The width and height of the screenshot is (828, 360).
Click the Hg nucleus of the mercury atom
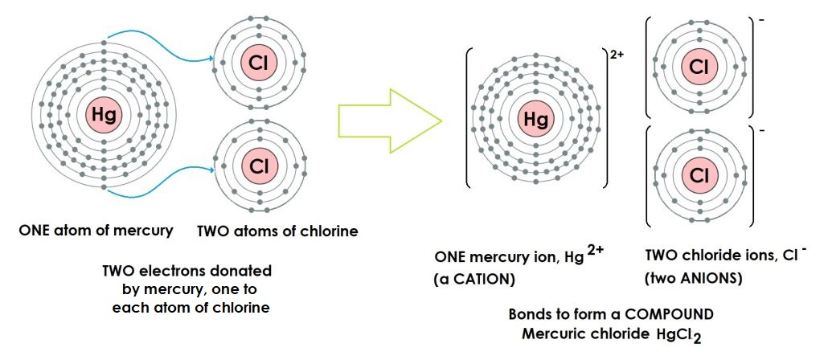104,116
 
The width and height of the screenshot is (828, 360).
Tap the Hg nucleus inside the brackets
535,121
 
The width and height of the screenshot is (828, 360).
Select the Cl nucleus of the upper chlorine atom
258,62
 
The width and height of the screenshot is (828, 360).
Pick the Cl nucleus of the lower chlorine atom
258,166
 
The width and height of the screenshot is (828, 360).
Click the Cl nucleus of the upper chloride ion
697,67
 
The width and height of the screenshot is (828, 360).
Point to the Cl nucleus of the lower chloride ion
697,174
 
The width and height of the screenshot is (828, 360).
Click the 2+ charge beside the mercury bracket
617,56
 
